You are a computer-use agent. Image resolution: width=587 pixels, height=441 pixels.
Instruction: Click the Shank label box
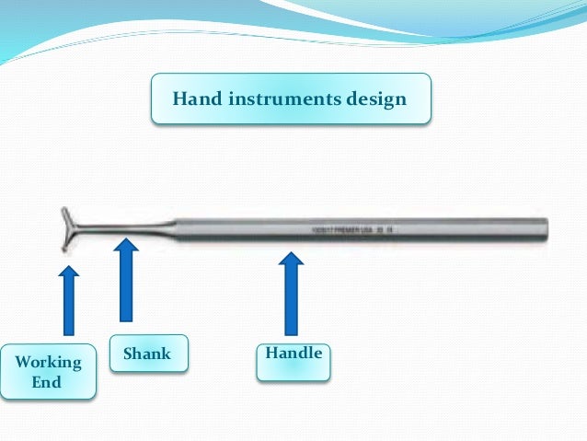point(149,354)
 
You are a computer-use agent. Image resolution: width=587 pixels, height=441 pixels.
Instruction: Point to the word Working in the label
point(48,362)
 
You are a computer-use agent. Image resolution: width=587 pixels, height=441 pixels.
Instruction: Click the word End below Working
point(47,381)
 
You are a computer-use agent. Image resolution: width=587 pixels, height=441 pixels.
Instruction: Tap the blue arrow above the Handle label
point(291,294)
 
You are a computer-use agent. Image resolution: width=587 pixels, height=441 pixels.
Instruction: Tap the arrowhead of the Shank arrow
point(126,245)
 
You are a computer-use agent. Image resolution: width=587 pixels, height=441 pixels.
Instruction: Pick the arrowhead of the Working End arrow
point(68,273)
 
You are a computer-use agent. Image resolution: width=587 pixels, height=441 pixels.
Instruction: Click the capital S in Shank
point(128,354)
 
